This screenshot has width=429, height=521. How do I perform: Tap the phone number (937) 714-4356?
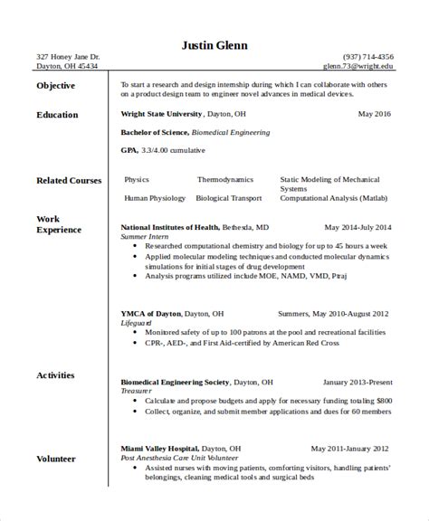368,56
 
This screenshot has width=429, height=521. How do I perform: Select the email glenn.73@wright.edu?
359,66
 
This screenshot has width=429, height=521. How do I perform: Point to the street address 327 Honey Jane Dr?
62,56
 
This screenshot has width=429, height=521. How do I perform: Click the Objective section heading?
56,85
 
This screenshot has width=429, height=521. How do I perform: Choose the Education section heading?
57,115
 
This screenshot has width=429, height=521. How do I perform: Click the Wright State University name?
162,115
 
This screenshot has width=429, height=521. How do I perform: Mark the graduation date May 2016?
375,115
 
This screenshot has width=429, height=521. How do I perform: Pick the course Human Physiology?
155,197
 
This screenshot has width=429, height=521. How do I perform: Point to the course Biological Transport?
224,197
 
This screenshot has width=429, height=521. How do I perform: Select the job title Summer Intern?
145,236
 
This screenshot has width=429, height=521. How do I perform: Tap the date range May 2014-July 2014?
357,228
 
